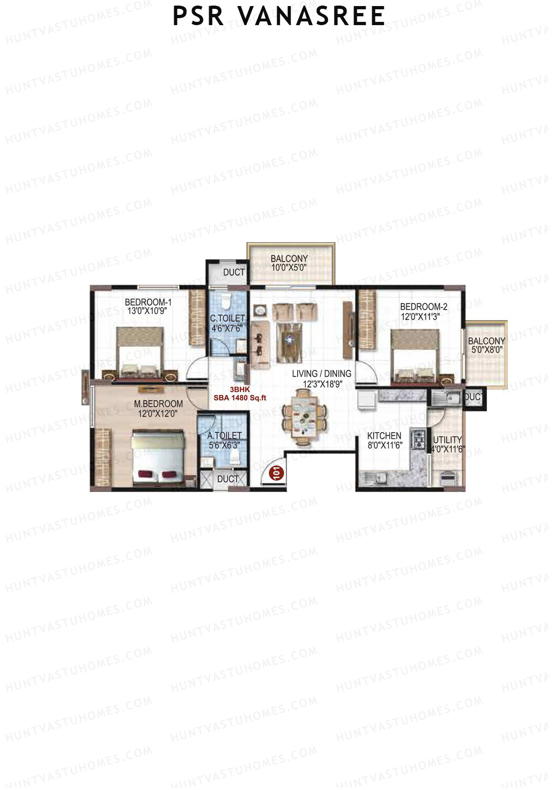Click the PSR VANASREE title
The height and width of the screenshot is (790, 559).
(279, 16)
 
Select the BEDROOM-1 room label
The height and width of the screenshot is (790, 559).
(148, 302)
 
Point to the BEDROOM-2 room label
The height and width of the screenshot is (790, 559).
(423, 307)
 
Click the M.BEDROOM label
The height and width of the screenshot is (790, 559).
(158, 404)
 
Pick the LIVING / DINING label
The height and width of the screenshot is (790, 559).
(321, 373)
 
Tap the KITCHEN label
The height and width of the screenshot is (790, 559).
(384, 436)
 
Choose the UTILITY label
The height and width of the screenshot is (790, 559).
(447, 439)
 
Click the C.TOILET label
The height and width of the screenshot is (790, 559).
(227, 318)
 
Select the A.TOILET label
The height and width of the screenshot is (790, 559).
(225, 436)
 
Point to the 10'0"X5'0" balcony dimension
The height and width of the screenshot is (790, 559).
(289, 268)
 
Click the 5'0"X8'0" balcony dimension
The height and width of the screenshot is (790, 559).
(487, 350)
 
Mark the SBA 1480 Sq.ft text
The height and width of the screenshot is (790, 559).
(240, 398)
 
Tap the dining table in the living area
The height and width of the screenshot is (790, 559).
(304, 417)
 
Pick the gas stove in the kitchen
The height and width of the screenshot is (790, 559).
(419, 440)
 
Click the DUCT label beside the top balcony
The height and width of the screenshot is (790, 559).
(234, 272)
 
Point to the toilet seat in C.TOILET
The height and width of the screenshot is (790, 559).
(225, 301)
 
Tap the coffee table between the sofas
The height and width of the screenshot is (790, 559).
(289, 341)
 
